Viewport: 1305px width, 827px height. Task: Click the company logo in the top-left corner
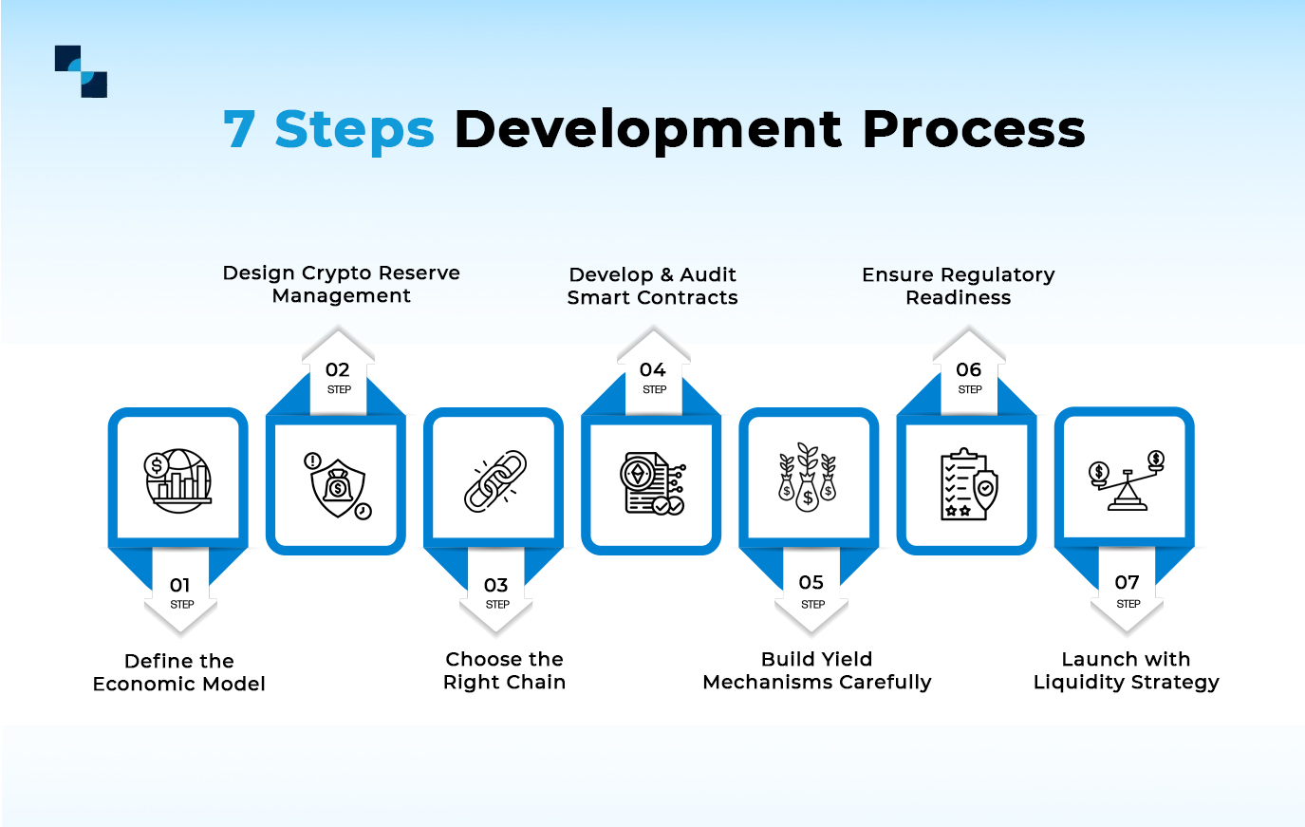click(x=81, y=71)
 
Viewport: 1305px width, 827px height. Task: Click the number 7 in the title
click(x=239, y=129)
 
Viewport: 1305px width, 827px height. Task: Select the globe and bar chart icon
click(x=178, y=481)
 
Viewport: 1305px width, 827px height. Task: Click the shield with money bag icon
click(x=337, y=486)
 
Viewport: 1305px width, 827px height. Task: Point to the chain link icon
click(x=494, y=481)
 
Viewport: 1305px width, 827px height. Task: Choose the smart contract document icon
click(x=652, y=484)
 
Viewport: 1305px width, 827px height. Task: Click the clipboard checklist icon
click(x=968, y=484)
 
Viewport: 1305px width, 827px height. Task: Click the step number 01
click(x=180, y=585)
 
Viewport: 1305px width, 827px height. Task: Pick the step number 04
click(x=653, y=370)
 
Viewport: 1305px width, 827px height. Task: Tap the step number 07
click(x=1127, y=583)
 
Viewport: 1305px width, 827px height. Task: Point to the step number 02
click(x=338, y=370)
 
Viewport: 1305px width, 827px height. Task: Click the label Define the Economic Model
click(x=179, y=672)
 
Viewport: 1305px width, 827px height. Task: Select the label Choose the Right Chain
click(x=504, y=670)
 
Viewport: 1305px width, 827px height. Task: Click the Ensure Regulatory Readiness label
click(x=959, y=286)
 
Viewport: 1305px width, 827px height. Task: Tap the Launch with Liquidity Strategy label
click(x=1126, y=670)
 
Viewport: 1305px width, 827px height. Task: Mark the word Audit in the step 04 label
click(x=708, y=274)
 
